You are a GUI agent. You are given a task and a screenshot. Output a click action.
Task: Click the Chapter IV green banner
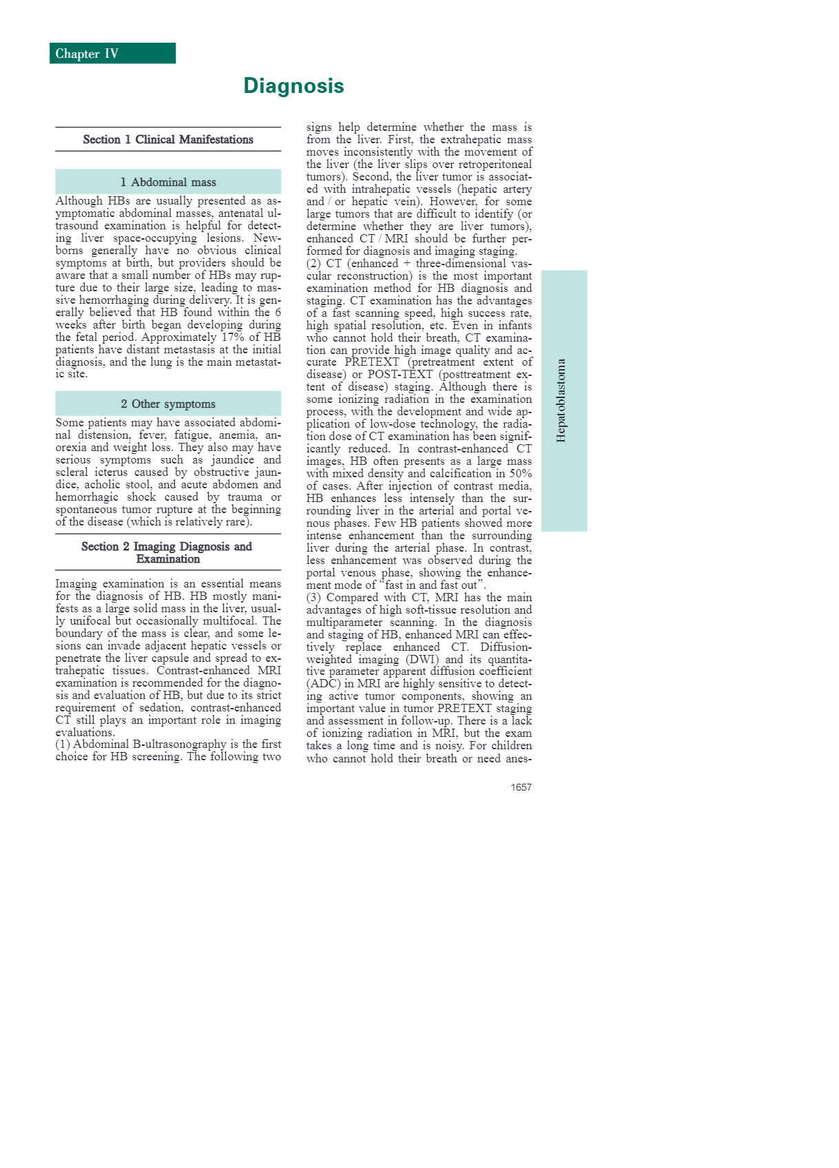112,54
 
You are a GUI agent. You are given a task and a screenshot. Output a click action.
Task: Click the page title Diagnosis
293,86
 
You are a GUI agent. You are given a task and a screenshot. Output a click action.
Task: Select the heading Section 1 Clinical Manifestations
168,140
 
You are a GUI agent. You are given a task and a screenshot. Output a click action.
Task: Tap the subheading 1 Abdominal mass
168,182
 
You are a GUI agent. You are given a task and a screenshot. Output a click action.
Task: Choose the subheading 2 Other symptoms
168,404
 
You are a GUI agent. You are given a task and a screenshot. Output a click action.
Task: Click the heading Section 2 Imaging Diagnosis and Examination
167,553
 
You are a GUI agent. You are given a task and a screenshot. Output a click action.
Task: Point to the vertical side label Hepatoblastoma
562,400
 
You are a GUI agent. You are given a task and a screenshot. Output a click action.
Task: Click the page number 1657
521,787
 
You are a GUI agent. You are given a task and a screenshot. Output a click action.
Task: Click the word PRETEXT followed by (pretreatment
372,362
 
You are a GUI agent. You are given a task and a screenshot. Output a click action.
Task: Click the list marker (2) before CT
313,264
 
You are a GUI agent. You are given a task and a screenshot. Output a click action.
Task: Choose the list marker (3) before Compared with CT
313,598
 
